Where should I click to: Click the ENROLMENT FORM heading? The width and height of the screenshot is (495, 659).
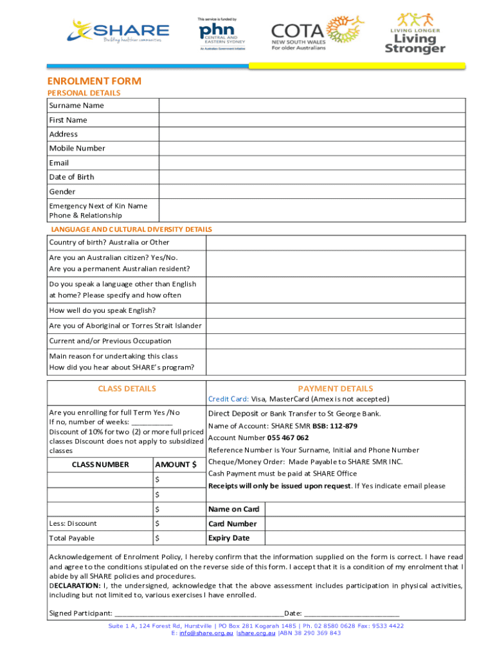pos(94,81)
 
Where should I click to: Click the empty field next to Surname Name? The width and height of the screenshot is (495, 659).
pos(312,106)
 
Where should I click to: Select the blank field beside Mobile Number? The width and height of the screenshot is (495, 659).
pos(312,148)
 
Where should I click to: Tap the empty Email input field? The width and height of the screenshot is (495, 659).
pos(312,163)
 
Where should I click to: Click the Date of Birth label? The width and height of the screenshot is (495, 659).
pos(71,177)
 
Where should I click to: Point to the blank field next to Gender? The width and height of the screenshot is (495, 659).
pos(312,191)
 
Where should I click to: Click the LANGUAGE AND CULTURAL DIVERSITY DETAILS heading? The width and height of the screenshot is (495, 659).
pos(132,229)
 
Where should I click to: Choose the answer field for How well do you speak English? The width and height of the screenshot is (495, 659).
pos(335,310)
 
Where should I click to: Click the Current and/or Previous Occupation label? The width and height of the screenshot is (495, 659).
pos(110,340)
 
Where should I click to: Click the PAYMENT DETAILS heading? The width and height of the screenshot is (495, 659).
pos(335,389)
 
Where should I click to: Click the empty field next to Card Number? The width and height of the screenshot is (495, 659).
pos(364,524)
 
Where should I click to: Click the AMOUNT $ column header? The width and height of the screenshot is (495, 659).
pos(175,465)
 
